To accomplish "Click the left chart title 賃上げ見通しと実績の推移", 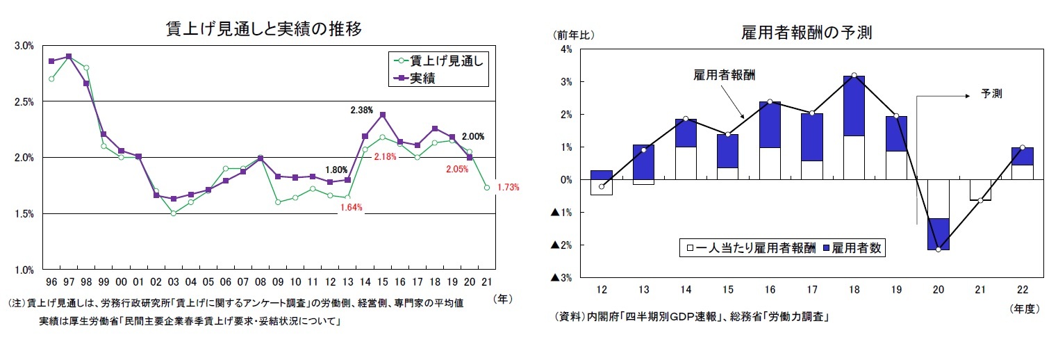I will point(263,28).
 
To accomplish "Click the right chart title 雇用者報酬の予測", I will point(807,33).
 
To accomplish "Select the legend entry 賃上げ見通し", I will point(445,60).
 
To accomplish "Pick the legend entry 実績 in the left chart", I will point(431,79).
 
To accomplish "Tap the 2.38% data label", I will point(361,110).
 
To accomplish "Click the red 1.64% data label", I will point(352,207).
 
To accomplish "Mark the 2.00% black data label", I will point(472,136).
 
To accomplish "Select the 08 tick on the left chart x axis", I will point(260,282).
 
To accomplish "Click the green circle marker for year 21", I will point(487,188).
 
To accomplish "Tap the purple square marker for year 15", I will point(382,115).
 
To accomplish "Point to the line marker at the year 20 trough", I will point(938,249).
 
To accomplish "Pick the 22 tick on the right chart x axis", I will point(1022,289).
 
